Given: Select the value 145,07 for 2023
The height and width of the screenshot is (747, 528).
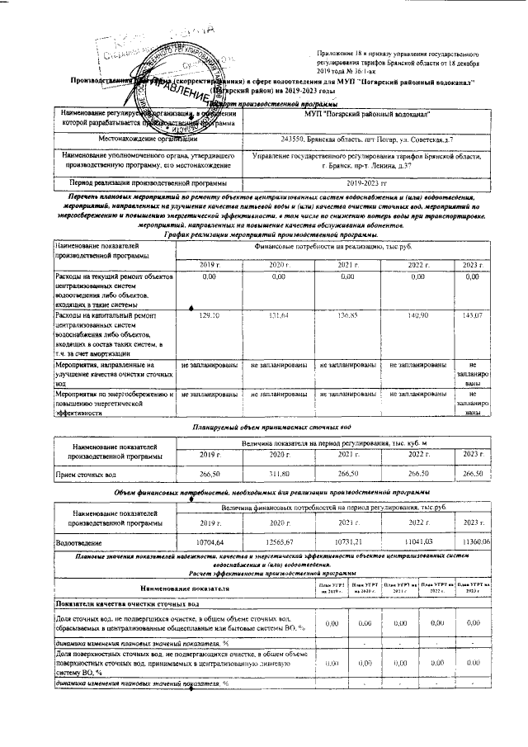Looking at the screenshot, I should click(x=473, y=316).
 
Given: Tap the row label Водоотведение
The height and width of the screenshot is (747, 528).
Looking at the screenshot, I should click(x=78, y=544).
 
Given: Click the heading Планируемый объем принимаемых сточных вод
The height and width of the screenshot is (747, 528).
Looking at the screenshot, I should click(x=272, y=428).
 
